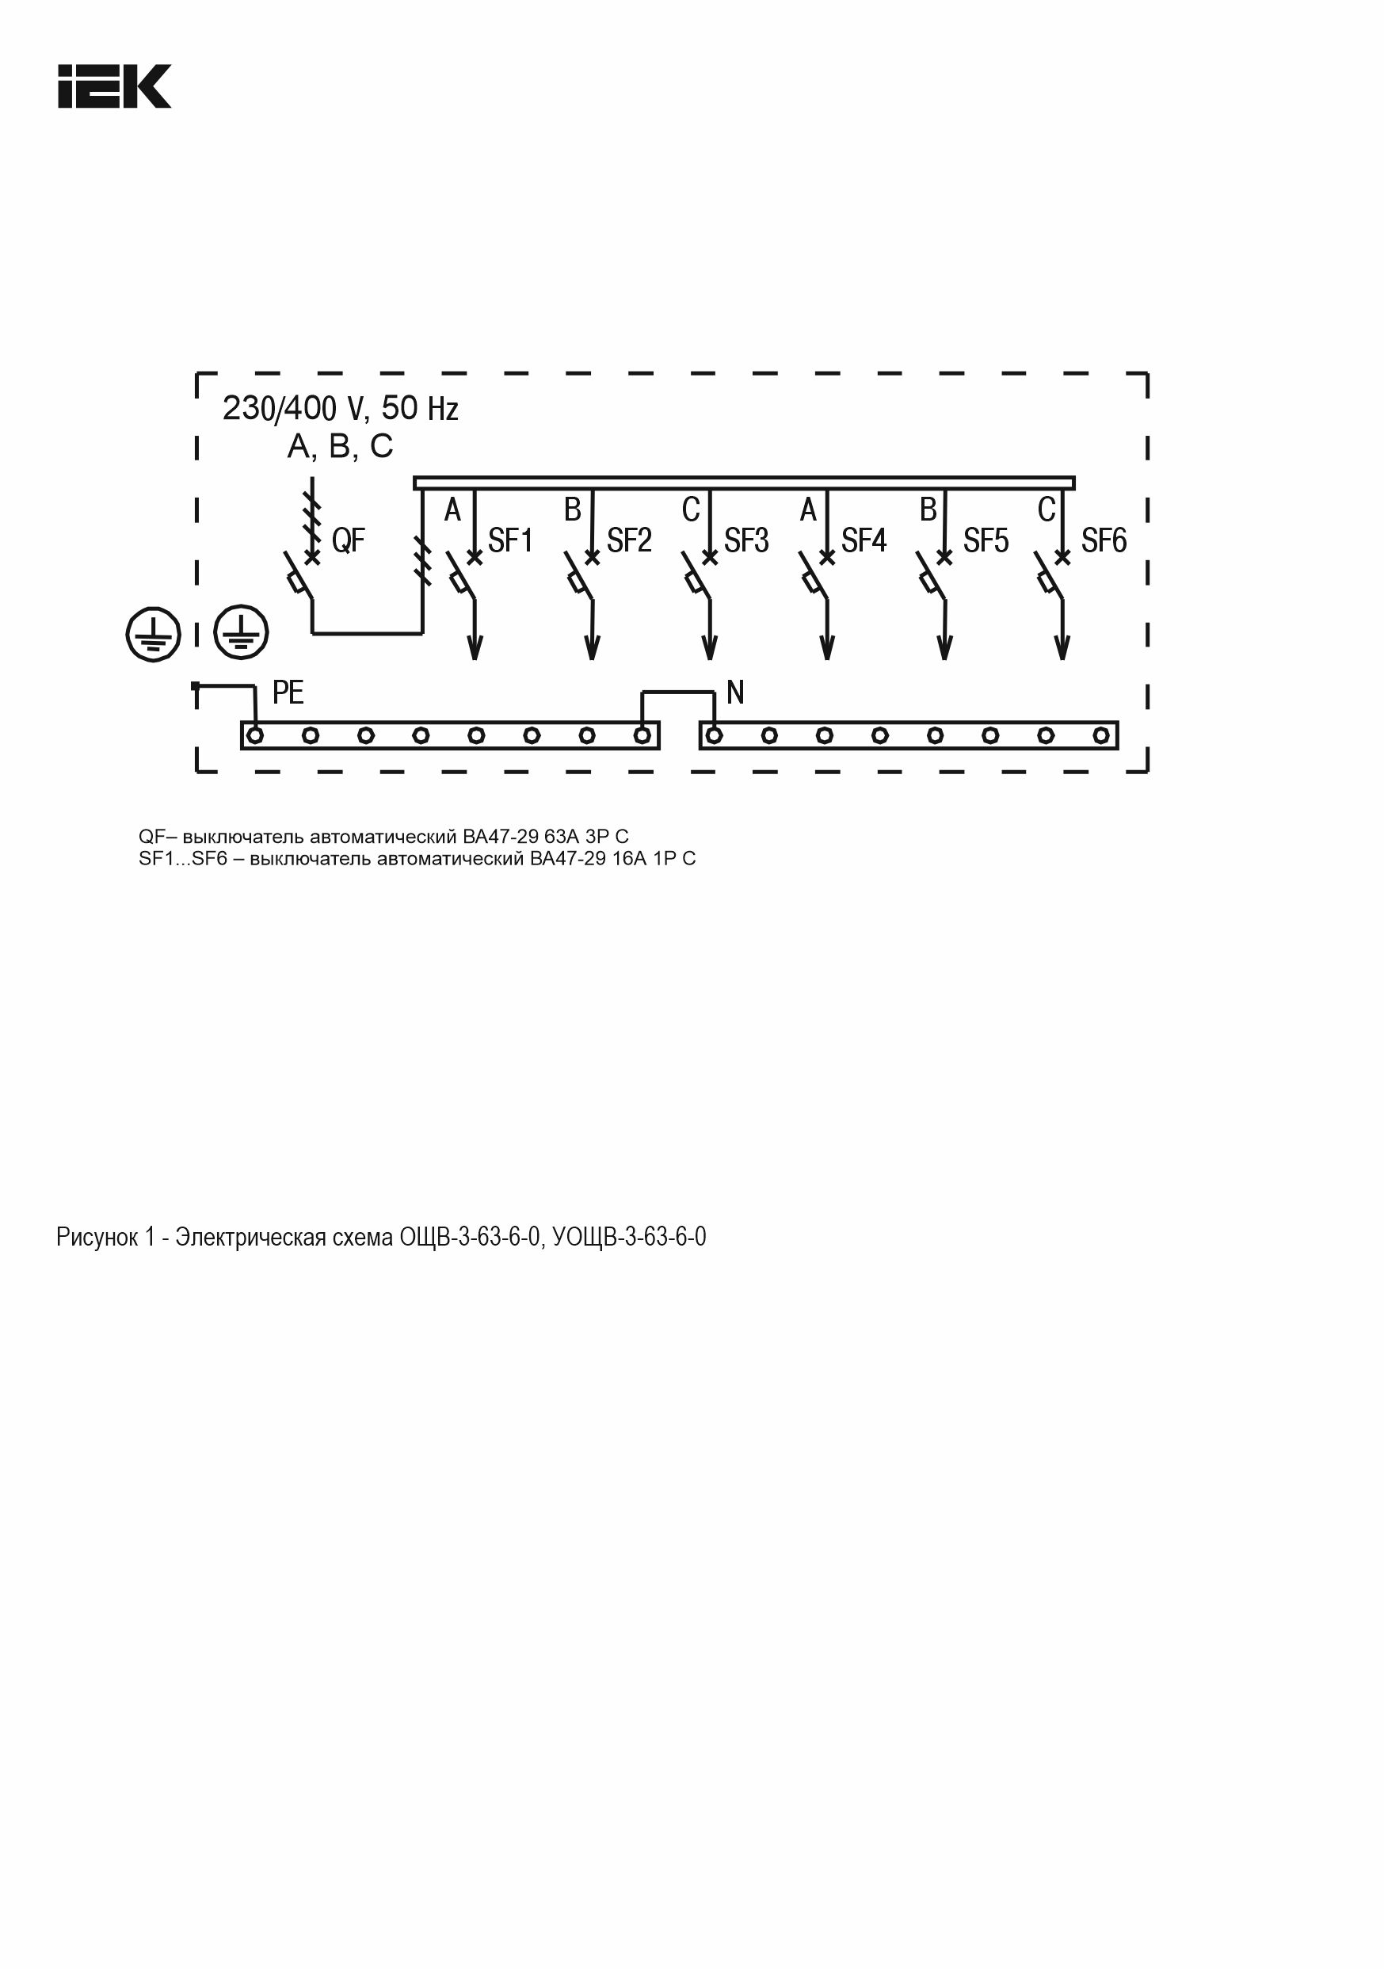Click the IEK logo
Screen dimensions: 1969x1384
coord(114,86)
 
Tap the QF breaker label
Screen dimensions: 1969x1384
coord(348,540)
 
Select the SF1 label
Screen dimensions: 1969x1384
coord(510,540)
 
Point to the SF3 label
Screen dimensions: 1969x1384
coord(746,540)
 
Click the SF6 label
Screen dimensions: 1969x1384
coord(1104,540)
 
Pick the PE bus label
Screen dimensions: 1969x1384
coord(288,692)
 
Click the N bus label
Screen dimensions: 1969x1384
coord(735,692)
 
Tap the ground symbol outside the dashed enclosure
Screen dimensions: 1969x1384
coord(153,635)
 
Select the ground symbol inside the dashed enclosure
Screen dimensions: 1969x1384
coord(241,632)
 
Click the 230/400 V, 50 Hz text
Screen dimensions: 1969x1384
coord(341,409)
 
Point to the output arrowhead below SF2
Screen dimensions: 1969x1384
coord(592,649)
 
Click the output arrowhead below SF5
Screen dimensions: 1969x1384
coord(945,649)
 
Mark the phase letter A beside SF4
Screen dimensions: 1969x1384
coord(808,511)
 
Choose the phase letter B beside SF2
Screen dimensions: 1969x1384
coord(572,511)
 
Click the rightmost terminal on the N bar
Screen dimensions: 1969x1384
coord(1101,735)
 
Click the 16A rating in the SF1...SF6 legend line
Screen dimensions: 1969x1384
coord(628,858)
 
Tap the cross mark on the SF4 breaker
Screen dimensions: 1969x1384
coord(826,558)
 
